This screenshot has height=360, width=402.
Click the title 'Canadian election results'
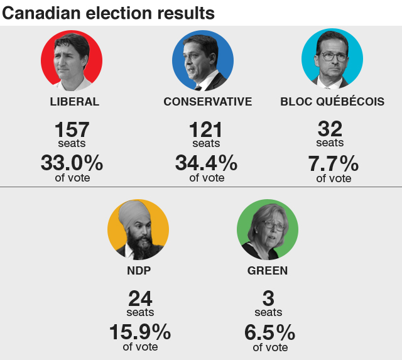point(108,13)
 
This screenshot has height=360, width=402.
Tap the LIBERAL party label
point(74,102)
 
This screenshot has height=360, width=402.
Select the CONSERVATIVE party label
point(207,102)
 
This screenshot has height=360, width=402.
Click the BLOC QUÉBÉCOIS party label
point(332,102)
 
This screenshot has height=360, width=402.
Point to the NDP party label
point(139,271)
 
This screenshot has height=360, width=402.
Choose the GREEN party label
point(268,271)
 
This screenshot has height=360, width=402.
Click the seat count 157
point(72,130)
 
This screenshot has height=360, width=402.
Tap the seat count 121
point(205,130)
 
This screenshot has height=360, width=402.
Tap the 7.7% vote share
point(333,164)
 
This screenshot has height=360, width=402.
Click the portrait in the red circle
point(72,61)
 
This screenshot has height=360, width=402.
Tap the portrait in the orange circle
point(138,231)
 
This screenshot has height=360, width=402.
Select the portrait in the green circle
point(267,231)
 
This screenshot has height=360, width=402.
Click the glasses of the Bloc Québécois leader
point(334,56)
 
